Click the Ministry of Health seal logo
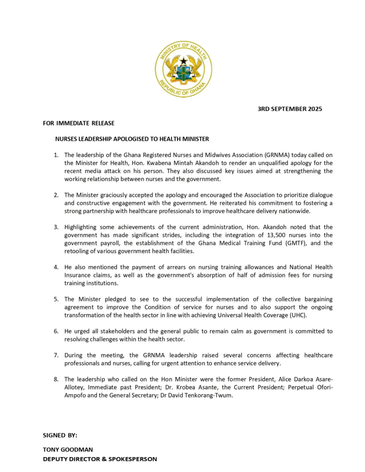coord(183,69)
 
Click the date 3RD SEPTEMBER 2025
coord(289,109)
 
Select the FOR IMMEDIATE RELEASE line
coord(78,124)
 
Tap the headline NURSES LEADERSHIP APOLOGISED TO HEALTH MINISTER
coord(132,139)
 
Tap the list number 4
coord(56,267)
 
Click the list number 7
coord(56,355)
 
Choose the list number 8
coord(56,379)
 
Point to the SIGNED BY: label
coord(60,435)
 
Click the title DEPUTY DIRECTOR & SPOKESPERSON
coord(100,459)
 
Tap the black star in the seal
coord(184,60)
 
